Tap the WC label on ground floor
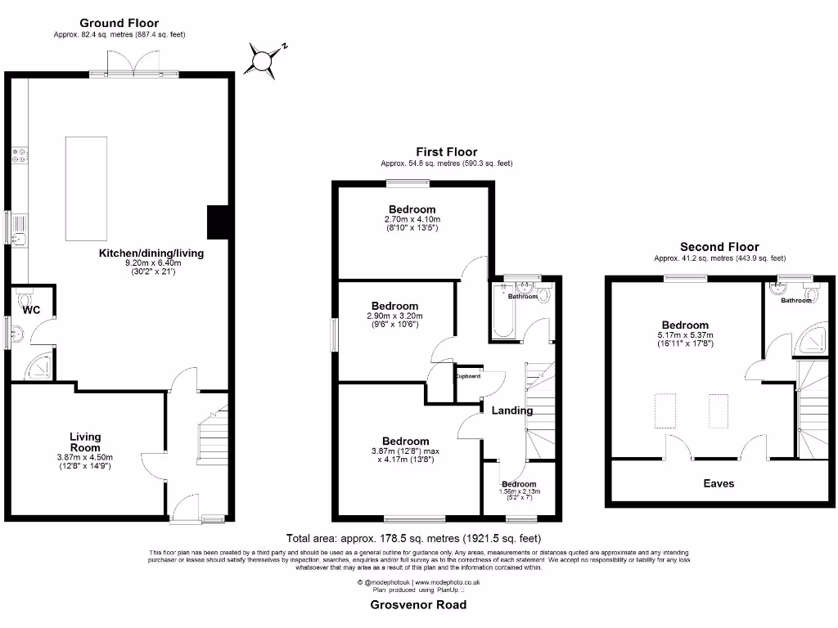(31, 310)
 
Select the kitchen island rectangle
(86, 188)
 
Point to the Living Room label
(85, 442)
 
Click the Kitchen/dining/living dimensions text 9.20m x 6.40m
(151, 262)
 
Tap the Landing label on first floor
(513, 410)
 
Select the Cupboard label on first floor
(468, 376)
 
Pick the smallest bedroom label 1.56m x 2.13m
(519, 491)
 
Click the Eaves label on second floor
(719, 483)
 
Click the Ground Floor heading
(119, 23)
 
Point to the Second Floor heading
(719, 246)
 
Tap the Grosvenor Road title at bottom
(418, 604)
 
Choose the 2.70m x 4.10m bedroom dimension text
(412, 219)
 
